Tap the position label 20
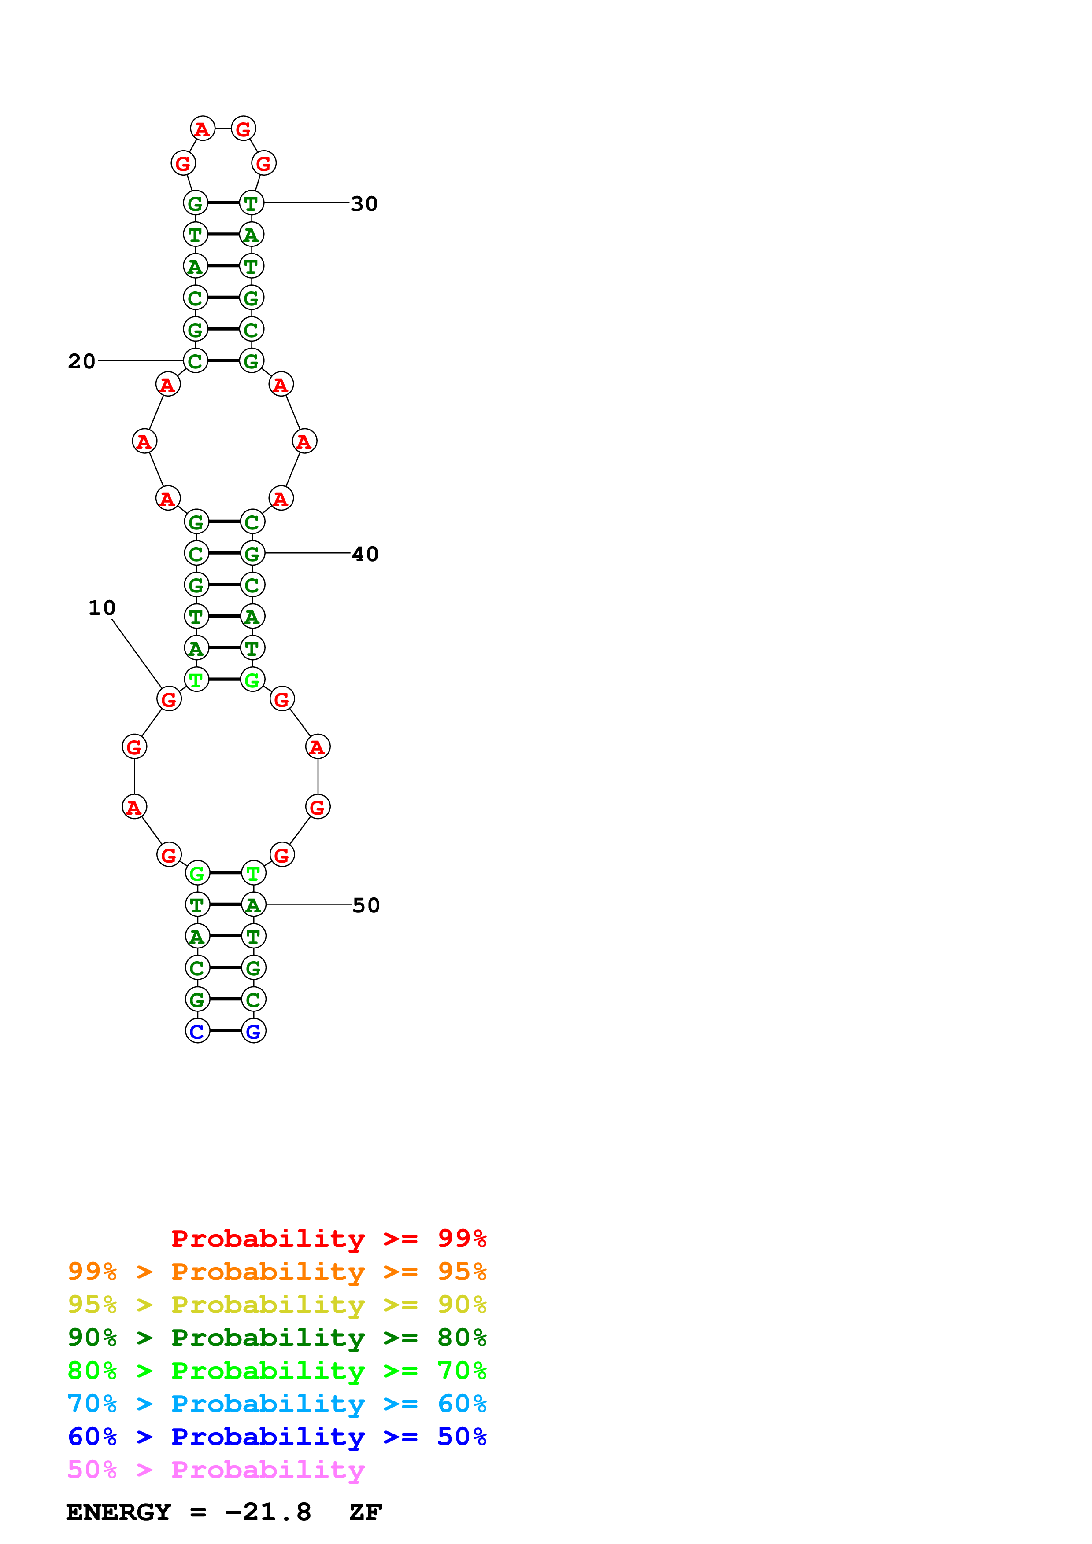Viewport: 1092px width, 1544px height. pos(81,361)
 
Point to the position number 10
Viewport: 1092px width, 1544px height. pos(102,608)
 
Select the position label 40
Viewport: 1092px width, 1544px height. pos(365,554)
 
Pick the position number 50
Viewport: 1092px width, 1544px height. pos(366,905)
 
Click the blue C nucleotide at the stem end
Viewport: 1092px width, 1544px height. pos(197,1031)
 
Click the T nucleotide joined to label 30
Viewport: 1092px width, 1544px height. pos(252,202)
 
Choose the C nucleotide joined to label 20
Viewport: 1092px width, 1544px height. pos(195,361)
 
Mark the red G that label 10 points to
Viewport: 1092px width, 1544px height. pos(169,699)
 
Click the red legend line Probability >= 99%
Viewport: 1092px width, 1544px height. pos(328,1239)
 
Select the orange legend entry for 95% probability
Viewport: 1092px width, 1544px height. pos(277,1272)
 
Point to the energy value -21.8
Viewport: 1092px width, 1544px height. pos(268,1512)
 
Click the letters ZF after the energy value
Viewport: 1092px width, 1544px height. pos(365,1512)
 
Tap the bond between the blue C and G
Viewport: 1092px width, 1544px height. pos(226,1030)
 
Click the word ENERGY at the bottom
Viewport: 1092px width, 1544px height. pos(118,1512)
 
